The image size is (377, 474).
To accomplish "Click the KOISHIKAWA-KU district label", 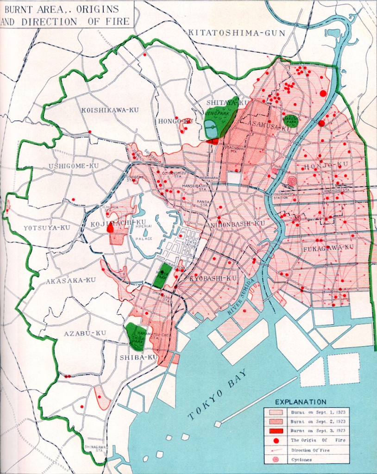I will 105,110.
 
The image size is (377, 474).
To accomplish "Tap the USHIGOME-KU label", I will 74,166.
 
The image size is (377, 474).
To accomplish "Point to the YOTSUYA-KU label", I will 46,227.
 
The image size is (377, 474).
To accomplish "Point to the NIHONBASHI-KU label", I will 238,224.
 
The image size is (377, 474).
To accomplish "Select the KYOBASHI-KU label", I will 213,278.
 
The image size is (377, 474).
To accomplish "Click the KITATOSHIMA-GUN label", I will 237,33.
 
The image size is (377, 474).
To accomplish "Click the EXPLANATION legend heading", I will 301,402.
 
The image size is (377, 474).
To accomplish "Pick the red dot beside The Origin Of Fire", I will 276,440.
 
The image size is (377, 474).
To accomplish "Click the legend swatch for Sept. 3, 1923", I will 276,430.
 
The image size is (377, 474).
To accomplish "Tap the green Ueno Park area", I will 222,116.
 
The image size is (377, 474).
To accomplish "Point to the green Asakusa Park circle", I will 291,121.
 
